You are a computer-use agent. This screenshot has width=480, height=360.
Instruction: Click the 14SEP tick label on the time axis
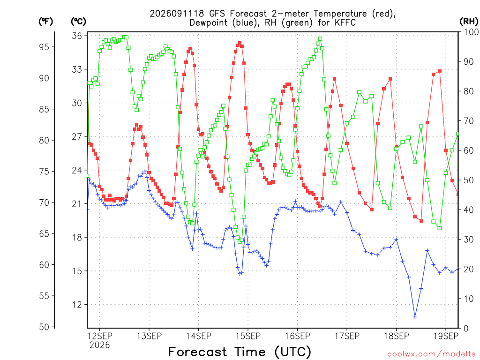(x=198, y=336)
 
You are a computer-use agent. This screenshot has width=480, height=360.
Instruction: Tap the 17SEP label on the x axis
(x=346, y=336)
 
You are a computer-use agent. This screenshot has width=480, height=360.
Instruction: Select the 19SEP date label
(x=446, y=336)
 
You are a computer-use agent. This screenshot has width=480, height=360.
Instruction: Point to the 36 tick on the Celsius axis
(x=77, y=36)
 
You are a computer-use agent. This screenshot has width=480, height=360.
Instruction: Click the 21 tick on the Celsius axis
(x=77, y=203)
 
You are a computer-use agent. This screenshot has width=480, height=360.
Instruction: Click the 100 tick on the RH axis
(x=471, y=32)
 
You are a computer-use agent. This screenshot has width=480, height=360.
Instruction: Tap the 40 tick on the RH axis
(x=469, y=210)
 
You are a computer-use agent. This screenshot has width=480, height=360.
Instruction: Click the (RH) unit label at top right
(x=469, y=21)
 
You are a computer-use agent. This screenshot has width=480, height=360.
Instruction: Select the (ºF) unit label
(x=45, y=21)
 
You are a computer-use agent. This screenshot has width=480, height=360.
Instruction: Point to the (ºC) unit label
(x=78, y=21)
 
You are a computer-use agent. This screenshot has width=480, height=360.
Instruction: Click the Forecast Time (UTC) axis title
(x=240, y=352)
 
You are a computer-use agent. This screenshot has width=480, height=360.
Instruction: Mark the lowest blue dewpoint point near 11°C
(x=415, y=317)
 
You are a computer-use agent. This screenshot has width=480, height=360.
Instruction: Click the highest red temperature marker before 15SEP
(x=240, y=43)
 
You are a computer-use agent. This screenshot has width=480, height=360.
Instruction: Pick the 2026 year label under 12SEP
(x=99, y=345)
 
